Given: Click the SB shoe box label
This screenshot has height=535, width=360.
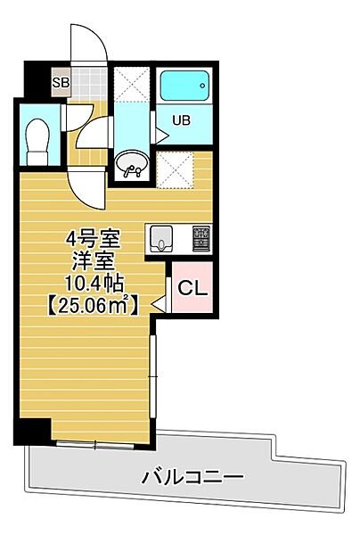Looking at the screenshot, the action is click(x=61, y=82).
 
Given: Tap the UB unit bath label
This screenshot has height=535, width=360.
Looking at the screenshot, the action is click(x=181, y=120).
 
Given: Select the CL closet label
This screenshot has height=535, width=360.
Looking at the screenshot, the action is click(x=193, y=289).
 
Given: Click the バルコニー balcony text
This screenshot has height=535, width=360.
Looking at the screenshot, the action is click(x=192, y=477).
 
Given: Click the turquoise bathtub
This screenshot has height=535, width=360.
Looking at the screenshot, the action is click(x=184, y=86).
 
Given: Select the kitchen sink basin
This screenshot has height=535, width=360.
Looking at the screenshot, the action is click(x=161, y=238).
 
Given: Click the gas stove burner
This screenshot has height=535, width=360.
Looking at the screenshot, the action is click(x=201, y=238).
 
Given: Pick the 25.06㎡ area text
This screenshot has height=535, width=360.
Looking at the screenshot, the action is click(x=92, y=305).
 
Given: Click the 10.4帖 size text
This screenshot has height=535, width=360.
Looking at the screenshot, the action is click(x=94, y=284).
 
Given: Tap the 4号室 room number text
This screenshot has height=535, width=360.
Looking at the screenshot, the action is click(x=93, y=239).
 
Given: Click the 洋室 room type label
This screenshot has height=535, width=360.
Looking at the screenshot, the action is click(x=93, y=261).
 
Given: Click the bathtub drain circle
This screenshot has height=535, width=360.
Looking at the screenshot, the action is click(x=203, y=86).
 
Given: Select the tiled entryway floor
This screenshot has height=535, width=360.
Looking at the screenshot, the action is click(x=89, y=85).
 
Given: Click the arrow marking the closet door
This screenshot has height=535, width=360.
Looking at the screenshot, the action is click(x=159, y=303).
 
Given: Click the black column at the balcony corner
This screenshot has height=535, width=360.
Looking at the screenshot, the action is click(x=32, y=432).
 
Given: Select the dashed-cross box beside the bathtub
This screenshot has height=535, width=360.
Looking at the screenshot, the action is click(x=132, y=85).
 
